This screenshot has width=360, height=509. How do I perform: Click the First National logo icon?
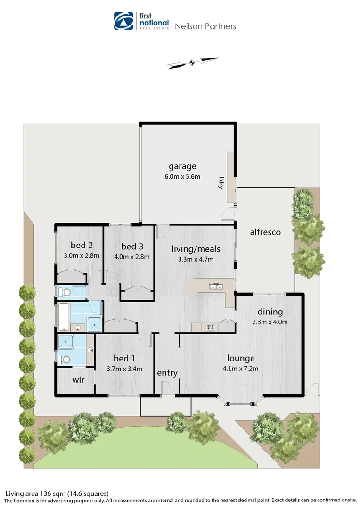pos(124,21)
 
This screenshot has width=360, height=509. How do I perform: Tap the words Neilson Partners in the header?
pos(205,26)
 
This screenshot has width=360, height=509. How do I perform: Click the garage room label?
pos(182,166)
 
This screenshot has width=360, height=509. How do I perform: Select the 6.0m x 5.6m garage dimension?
pos(182,177)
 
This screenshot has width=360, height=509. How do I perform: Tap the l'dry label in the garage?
pos(220,182)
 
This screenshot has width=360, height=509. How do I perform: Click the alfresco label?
pos(265,232)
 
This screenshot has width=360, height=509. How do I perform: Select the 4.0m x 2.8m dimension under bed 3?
pos(131,257)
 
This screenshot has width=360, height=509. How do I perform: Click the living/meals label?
pos(196,249)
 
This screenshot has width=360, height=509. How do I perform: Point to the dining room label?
pos(270,312)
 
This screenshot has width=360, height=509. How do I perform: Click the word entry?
pos(167,373)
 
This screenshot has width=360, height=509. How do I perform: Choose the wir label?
pos(78,379)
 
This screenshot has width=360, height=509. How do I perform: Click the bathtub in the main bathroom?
pos(63,316)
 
